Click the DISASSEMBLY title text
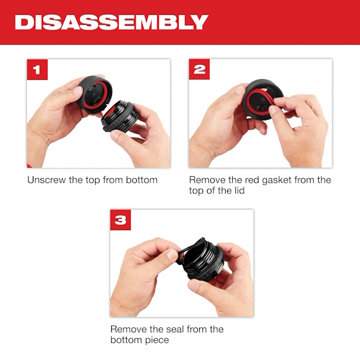coord(111,22)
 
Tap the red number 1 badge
coord(37,69)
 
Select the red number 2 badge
coord(199,69)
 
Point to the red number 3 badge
coord(120,220)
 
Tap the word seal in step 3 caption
coord(172,329)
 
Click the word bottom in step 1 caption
coord(141,180)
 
